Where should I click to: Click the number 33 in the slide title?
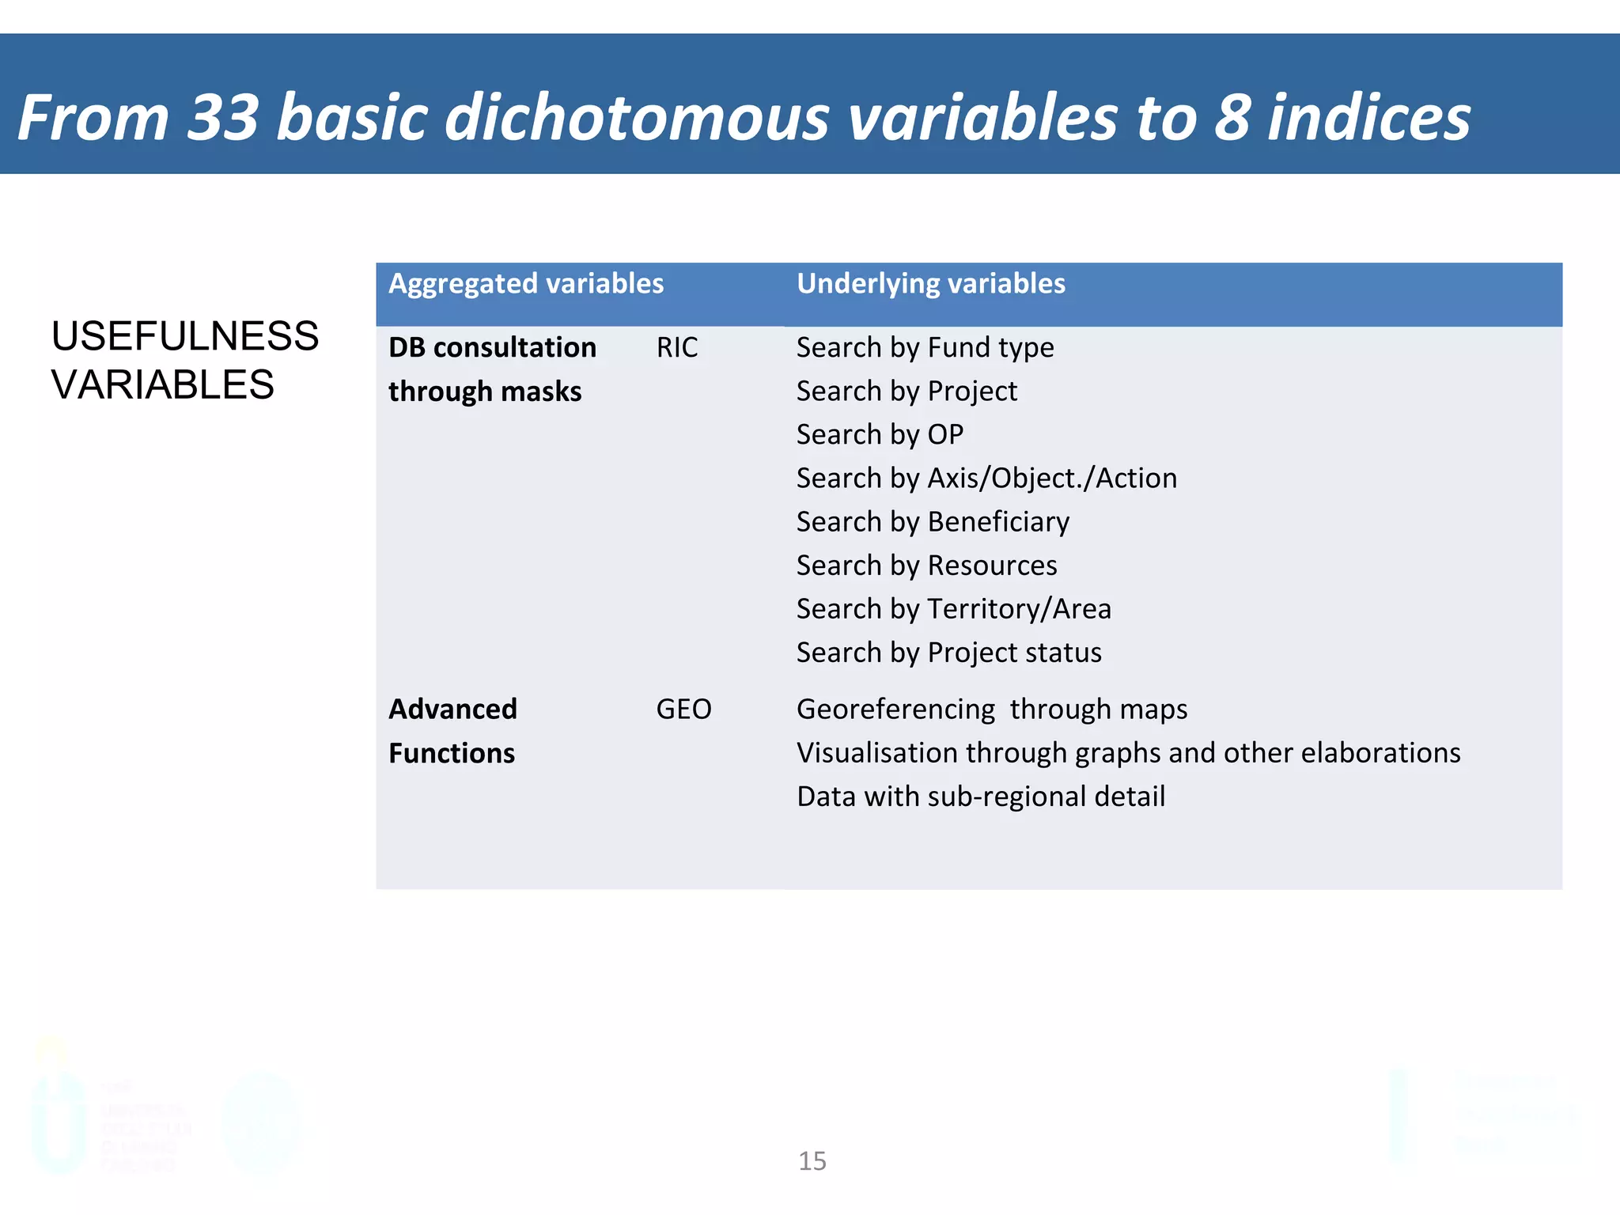(223, 118)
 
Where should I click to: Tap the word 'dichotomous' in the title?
(637, 118)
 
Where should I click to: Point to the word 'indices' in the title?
(1368, 118)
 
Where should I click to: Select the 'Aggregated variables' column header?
(526, 284)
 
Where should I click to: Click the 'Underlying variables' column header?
(930, 284)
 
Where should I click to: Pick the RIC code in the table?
(677, 348)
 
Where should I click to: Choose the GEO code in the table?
(683, 710)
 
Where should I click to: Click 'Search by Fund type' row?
(925, 348)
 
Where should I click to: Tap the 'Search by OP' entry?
(880, 435)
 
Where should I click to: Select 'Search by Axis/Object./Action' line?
(986, 479)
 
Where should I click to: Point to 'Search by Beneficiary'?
(933, 522)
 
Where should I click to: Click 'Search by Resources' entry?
(926, 566)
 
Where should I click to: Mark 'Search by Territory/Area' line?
(953, 609)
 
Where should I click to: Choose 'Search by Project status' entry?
(948, 653)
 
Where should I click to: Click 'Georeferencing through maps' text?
(991, 710)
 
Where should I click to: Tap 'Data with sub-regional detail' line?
(981, 797)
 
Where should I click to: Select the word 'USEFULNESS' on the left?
(185, 336)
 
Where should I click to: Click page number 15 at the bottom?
(812, 1161)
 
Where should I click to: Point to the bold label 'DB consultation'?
(492, 348)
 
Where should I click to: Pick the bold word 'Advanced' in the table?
(452, 710)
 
